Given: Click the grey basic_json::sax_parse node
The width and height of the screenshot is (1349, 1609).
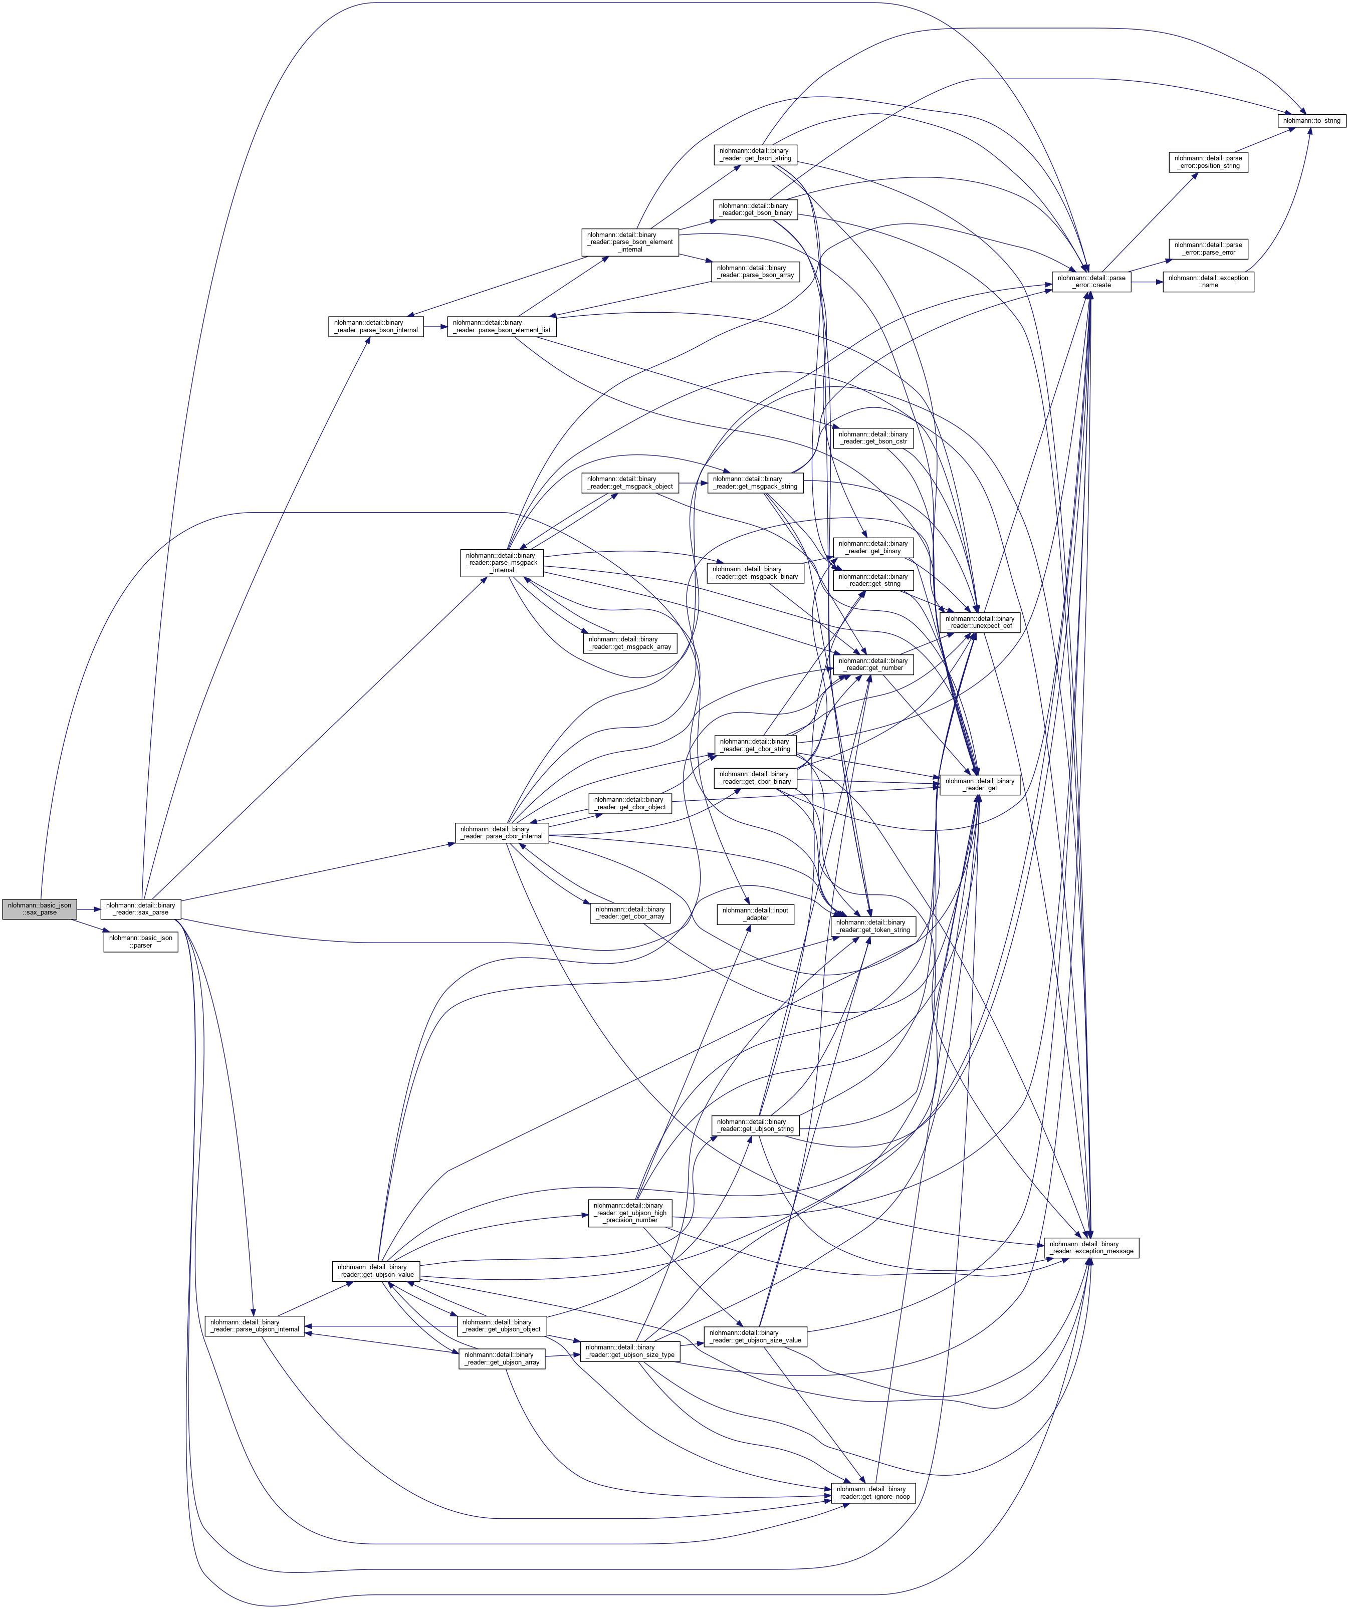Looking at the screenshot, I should click(x=39, y=908).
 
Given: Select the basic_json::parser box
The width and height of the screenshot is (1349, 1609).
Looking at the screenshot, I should click(x=141, y=942).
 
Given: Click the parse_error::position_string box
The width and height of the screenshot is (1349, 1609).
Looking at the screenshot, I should click(x=1208, y=162).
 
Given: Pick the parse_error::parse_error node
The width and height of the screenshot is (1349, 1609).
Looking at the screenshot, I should click(x=1208, y=248).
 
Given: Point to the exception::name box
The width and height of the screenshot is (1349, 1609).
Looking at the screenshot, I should click(x=1208, y=281).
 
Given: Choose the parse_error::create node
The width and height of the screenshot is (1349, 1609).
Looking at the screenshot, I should click(x=1091, y=281).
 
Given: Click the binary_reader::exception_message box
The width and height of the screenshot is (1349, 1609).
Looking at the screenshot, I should click(x=1091, y=1247).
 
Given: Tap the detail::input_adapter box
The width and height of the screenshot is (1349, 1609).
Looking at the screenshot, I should click(x=755, y=913).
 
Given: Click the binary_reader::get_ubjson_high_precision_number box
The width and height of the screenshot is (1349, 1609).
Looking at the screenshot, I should click(x=630, y=1212).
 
